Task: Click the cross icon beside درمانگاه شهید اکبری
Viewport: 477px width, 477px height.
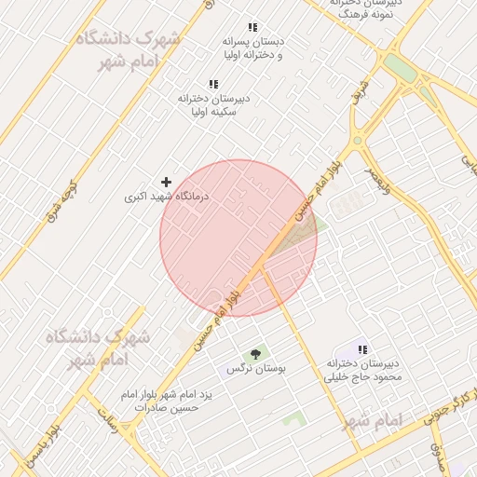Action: (x=167, y=182)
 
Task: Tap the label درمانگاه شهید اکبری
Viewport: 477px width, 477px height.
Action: (x=168, y=198)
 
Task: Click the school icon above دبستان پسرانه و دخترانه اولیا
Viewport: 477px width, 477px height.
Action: (x=252, y=28)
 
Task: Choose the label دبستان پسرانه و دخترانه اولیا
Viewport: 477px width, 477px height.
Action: (x=252, y=48)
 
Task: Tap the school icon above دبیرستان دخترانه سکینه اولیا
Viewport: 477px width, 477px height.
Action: (x=214, y=84)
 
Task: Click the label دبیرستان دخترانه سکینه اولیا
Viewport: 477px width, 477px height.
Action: (x=214, y=104)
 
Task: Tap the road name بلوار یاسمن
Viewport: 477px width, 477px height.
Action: (x=45, y=445)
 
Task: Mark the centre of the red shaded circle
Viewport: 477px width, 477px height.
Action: (x=238, y=238)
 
